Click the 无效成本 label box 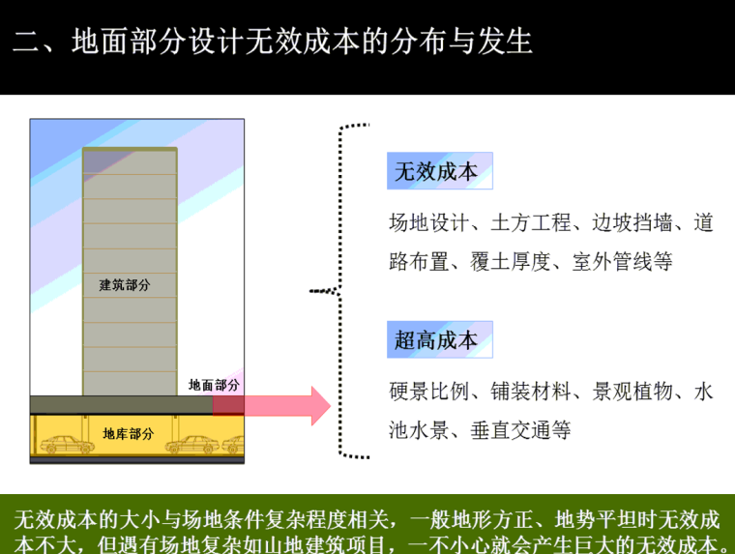click(439, 171)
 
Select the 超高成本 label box click(439, 340)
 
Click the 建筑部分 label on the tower click(125, 285)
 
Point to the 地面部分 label click(214, 385)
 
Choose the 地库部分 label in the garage click(128, 434)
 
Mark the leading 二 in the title click(25, 42)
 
